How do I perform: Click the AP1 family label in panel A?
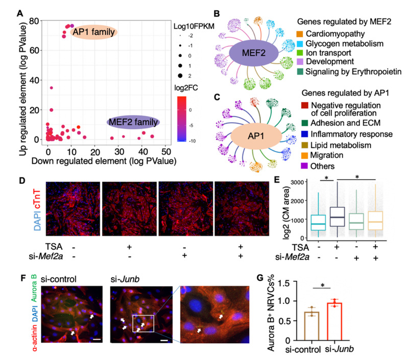click(94, 32)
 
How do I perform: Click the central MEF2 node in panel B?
click(253, 54)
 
